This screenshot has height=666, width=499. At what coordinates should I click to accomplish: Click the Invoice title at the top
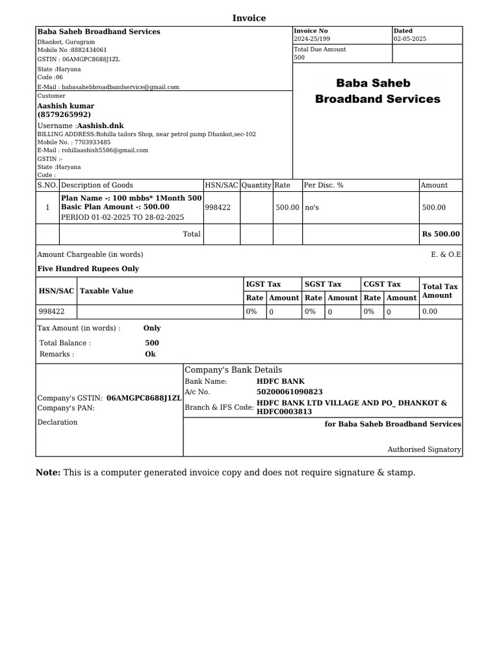(x=249, y=18)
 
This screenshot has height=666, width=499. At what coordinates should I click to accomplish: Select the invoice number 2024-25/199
(x=312, y=39)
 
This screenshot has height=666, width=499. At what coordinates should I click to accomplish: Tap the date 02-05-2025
(x=411, y=39)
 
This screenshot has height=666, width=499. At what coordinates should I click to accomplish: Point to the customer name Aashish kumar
(x=66, y=105)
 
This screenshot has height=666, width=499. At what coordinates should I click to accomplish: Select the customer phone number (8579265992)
(x=64, y=114)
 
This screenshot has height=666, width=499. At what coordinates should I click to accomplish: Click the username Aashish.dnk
(x=100, y=125)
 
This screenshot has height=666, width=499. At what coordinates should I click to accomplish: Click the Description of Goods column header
(x=97, y=185)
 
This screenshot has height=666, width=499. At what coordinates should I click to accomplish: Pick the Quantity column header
(x=256, y=185)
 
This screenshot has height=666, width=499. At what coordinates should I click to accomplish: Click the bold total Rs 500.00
(x=441, y=234)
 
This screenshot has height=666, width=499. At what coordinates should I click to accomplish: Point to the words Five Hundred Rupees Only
(x=88, y=269)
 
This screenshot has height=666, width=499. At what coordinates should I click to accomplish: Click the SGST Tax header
(x=323, y=284)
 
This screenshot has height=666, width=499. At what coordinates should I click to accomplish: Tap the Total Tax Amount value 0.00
(x=429, y=312)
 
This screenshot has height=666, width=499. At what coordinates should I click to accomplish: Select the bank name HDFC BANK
(x=281, y=381)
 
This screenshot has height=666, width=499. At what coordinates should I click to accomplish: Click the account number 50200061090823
(x=290, y=392)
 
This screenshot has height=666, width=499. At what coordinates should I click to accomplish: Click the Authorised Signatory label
(x=424, y=449)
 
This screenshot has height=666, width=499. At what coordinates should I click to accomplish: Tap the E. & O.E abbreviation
(x=446, y=254)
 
